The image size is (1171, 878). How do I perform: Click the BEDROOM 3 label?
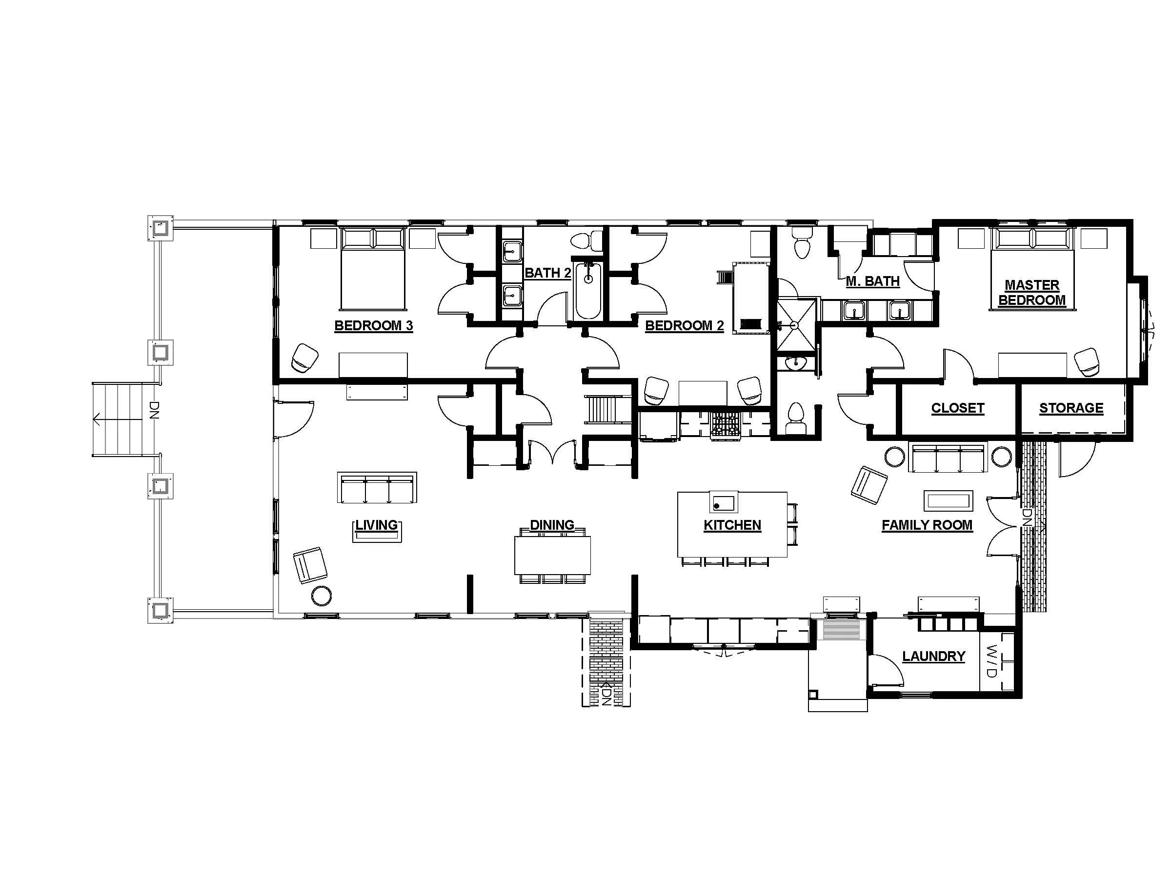point(373,325)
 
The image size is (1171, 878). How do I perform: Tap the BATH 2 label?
point(547,273)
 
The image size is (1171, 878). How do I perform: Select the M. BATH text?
point(872,281)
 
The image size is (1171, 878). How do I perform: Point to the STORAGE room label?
point(1071,408)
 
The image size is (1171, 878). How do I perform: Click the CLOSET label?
point(957,408)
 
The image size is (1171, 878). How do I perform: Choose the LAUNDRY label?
point(933,656)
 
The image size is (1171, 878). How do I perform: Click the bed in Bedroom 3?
point(373,270)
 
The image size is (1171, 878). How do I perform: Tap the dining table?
point(552,555)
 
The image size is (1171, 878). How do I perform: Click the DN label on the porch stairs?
point(154,410)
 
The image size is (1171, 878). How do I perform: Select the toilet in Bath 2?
point(587,241)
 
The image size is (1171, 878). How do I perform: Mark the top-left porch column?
point(160,228)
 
